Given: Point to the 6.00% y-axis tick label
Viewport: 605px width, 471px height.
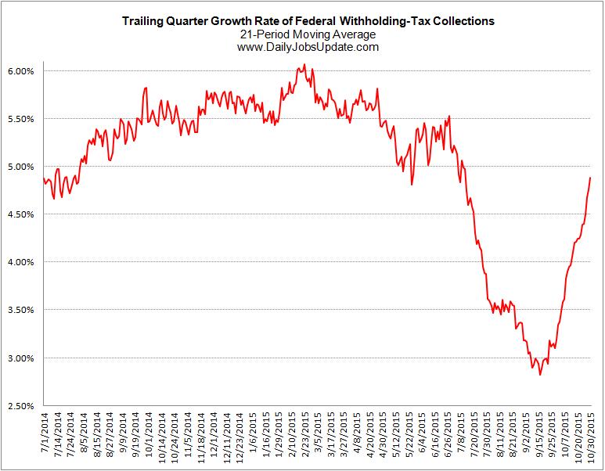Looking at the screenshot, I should pos(20,71).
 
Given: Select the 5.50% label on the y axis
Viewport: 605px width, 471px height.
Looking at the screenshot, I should pos(20,119).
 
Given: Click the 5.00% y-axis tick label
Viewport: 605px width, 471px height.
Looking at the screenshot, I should pos(20,167).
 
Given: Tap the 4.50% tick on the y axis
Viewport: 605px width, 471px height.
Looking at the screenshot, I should pos(20,214).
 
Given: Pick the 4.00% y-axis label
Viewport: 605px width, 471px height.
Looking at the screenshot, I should pos(20,262).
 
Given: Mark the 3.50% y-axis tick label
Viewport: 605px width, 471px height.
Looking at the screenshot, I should pos(20,310).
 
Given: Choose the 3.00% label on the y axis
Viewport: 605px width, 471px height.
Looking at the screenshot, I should pos(20,358).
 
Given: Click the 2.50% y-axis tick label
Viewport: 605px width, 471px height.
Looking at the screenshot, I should pos(20,406).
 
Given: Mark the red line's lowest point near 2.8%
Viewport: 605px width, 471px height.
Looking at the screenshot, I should pos(540,375).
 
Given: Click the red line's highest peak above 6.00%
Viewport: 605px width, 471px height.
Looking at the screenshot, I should pos(304,65).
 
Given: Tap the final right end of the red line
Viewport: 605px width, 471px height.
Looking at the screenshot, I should pos(590,178).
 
